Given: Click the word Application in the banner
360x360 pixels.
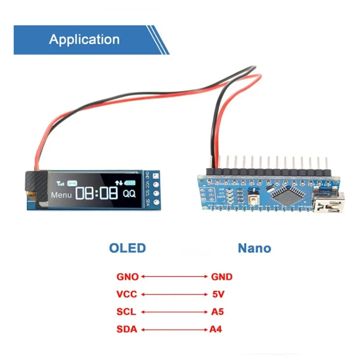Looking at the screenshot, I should tap(85, 39).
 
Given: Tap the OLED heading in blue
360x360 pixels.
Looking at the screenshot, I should tap(127, 248).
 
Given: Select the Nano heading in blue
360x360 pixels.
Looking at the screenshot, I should tap(254, 248).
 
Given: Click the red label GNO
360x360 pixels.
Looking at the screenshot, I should tap(128, 277).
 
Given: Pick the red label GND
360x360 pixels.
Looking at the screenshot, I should tap(221, 277).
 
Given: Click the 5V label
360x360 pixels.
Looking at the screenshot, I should tap(218, 295).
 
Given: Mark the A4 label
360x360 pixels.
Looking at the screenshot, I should tap(216, 330).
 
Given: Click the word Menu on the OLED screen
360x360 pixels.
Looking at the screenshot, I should tap(61, 195).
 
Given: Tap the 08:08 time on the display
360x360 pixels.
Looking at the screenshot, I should tap(97, 194).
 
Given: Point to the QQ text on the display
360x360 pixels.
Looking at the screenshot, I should tap(129, 194).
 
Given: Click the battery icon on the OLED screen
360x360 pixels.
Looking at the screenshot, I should tap(130, 183).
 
